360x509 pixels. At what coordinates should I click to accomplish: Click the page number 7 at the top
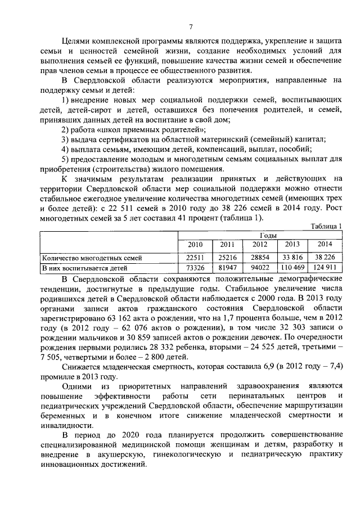191,26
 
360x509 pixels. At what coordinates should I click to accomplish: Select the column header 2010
195,245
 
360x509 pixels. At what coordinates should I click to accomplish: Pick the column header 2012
260,245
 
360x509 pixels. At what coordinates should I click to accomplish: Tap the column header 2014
325,245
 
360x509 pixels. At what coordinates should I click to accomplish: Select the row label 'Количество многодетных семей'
92,258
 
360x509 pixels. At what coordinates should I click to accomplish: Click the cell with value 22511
195,258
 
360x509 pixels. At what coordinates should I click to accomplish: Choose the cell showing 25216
227,258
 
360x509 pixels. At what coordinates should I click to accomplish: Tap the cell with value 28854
260,258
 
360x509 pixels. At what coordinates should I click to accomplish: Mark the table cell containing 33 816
292,258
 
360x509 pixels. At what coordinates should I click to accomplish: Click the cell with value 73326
195,268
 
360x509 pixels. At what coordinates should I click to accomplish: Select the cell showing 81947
227,268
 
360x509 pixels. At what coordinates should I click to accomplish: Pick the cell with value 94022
260,268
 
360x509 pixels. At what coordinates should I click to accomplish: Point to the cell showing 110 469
292,268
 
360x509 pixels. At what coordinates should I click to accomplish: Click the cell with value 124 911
325,268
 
